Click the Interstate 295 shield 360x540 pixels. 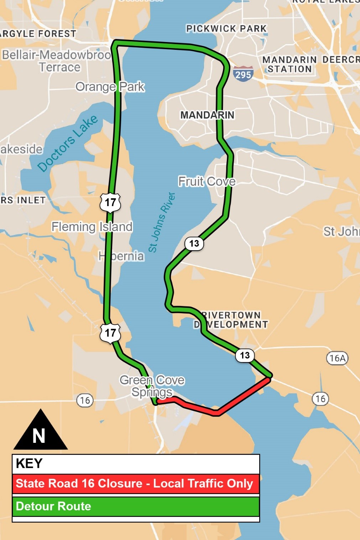pyautogui.click(x=243, y=74)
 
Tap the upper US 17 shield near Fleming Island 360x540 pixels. pyautogui.click(x=110, y=203)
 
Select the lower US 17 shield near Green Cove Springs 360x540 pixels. pyautogui.click(x=110, y=333)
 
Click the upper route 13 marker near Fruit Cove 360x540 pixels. pyautogui.click(x=194, y=243)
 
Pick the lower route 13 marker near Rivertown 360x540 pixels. pyautogui.click(x=245, y=355)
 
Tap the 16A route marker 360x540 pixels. pyautogui.click(x=337, y=358)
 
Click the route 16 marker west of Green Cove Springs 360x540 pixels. pyautogui.click(x=85, y=400)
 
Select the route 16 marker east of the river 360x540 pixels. pyautogui.click(x=320, y=399)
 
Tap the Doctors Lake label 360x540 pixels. pyautogui.click(x=67, y=143)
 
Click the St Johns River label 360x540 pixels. pyautogui.click(x=162, y=222)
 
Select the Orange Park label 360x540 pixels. pyautogui.click(x=110, y=86)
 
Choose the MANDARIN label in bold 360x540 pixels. pyautogui.click(x=207, y=115)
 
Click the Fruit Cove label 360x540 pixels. pyautogui.click(x=207, y=182)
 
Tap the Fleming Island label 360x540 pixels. pyautogui.click(x=92, y=227)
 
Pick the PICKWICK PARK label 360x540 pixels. pyautogui.click(x=226, y=28)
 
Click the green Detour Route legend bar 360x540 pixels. pyautogui.click(x=136, y=506)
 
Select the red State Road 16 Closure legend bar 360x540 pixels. pyautogui.click(x=136, y=483)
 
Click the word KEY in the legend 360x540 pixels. pyautogui.click(x=29, y=463)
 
